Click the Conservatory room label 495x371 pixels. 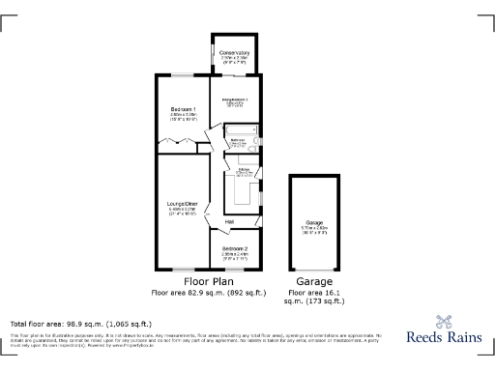pos(235,52)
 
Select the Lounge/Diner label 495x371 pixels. pos(183,204)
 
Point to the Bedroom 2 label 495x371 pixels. pos(235,248)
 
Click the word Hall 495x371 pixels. pos(230,223)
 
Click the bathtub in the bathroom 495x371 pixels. pos(241,128)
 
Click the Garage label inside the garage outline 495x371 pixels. pos(315,221)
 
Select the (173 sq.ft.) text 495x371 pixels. pos(324,301)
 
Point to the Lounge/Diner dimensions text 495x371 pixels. pos(183,212)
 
